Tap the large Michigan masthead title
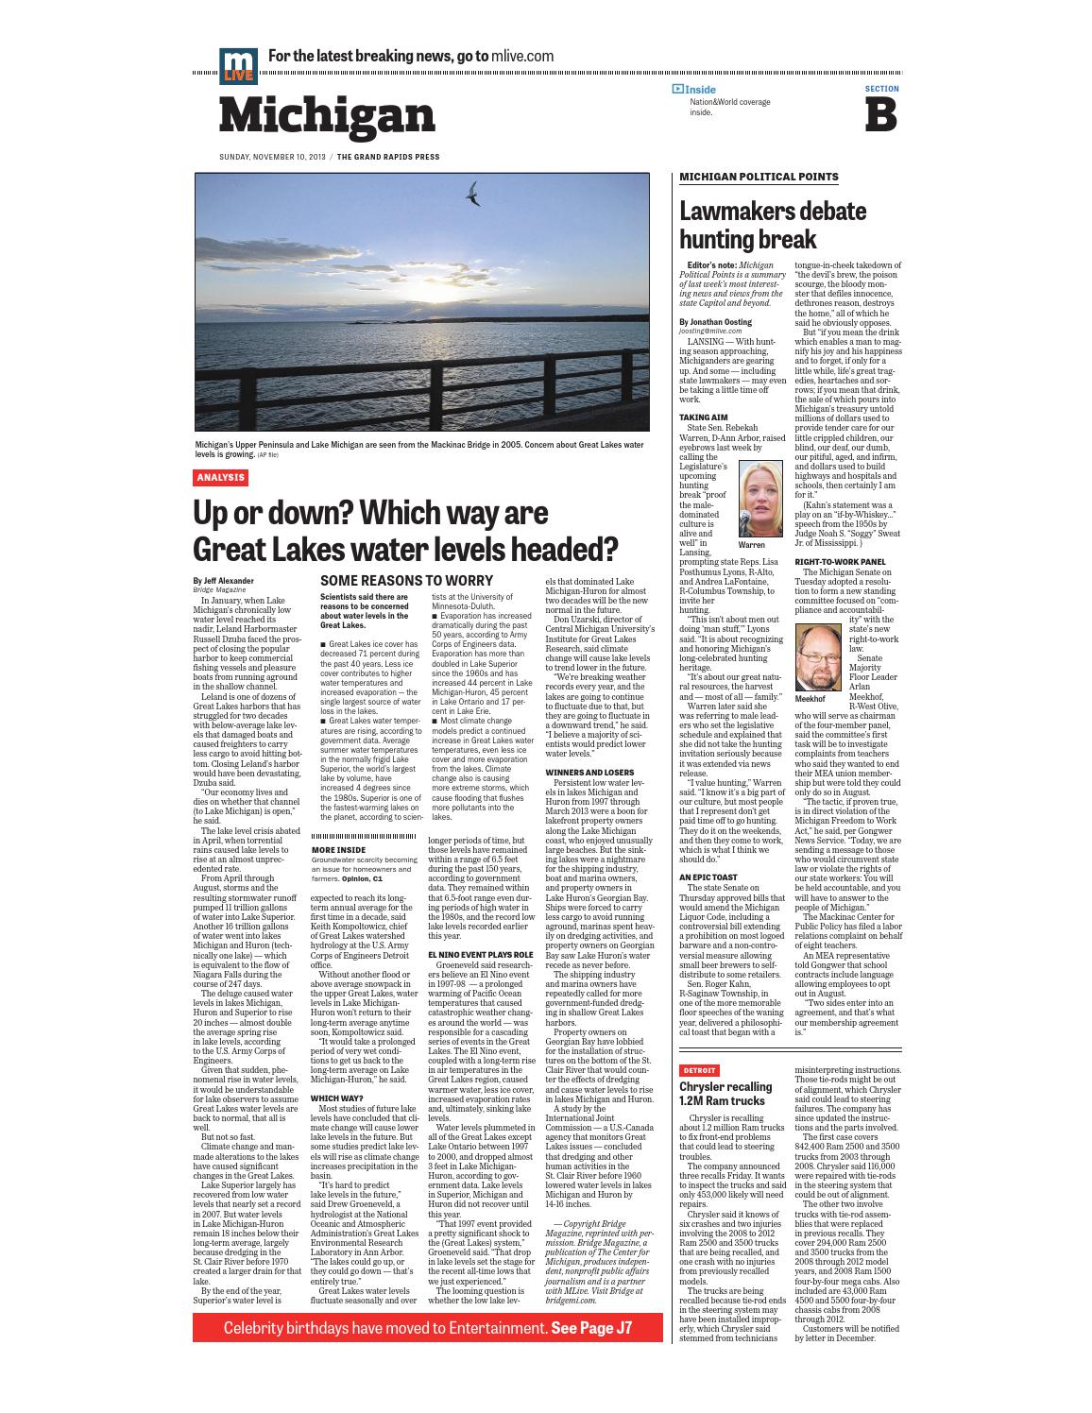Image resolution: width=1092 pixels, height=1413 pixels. pyautogui.click(x=327, y=115)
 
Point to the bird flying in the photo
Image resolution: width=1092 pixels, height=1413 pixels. pyautogui.click(x=470, y=194)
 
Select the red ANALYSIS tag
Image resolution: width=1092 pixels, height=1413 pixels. pyautogui.click(x=220, y=478)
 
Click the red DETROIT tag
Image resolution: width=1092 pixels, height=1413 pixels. pyautogui.click(x=700, y=1070)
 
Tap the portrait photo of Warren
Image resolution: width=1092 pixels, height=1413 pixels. pyautogui.click(x=759, y=499)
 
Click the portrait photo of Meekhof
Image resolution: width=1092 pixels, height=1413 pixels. pyautogui.click(x=818, y=657)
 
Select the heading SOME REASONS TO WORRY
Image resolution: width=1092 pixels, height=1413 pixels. pyautogui.click(x=406, y=580)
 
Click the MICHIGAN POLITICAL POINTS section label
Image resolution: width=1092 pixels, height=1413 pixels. pyautogui.click(x=759, y=177)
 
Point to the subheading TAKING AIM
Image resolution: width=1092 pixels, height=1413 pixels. pyautogui.click(x=703, y=417)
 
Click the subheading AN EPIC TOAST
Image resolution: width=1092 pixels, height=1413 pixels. pyautogui.click(x=708, y=877)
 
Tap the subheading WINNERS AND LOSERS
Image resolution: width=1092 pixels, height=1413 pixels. pyautogui.click(x=589, y=773)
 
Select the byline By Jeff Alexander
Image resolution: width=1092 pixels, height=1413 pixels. pyautogui.click(x=223, y=581)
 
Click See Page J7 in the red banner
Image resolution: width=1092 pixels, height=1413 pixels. pyautogui.click(x=591, y=1327)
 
